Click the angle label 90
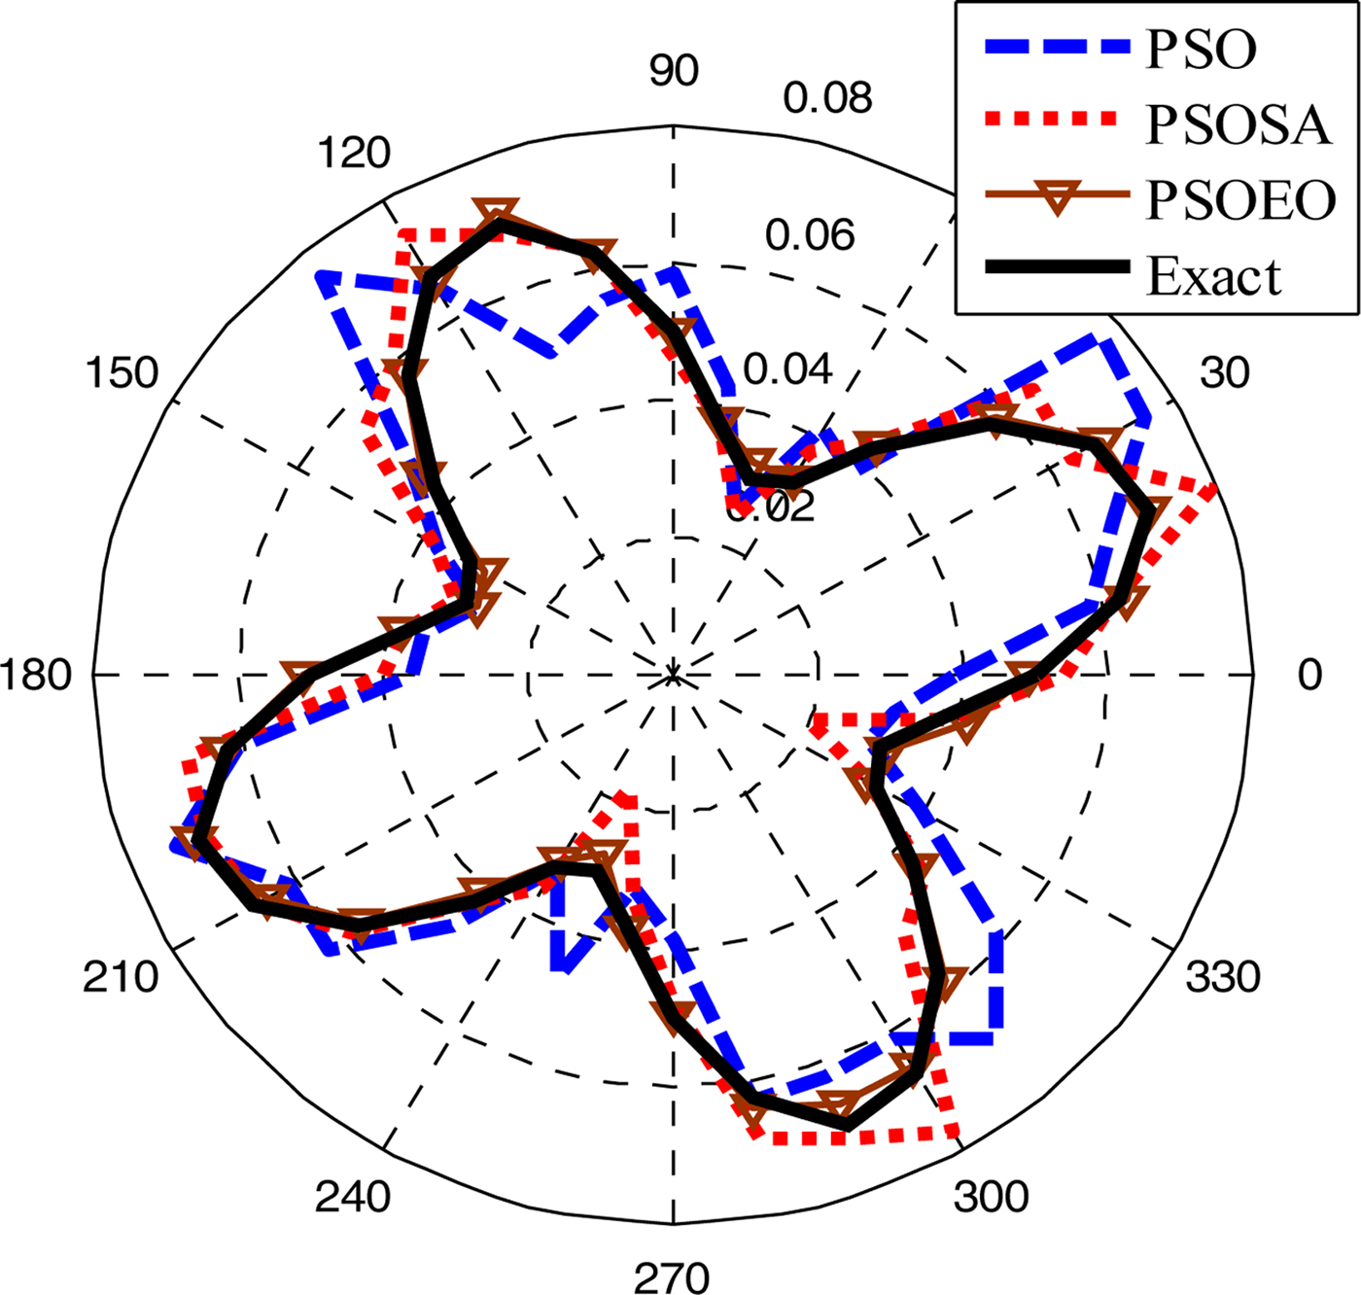673,71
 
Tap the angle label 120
353,153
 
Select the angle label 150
122,372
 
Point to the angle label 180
36,675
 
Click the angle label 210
120,976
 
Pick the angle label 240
352,1197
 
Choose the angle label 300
991,1197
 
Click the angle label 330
1223,976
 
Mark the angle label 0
1310,675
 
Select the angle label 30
1224,372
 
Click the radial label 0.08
828,98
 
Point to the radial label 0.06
810,235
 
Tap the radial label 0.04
788,369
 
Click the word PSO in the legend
1202,50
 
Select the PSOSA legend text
1238,124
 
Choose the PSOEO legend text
1241,200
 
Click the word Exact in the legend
1214,276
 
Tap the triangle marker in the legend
1058,197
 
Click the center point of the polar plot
673,675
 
